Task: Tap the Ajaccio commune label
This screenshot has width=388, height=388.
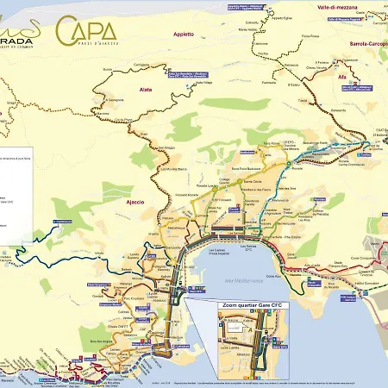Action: (x=136, y=201)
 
